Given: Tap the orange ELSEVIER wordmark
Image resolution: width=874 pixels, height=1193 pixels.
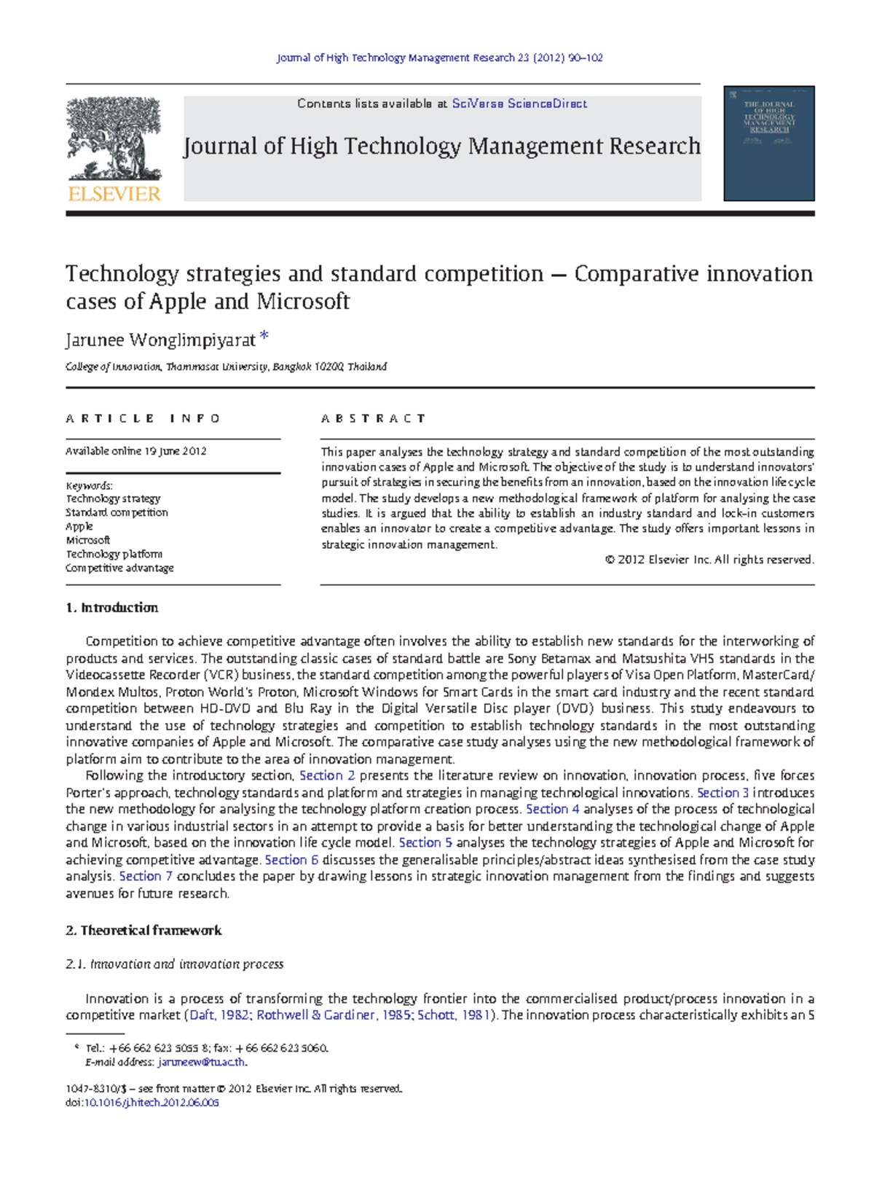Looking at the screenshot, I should [x=114, y=194].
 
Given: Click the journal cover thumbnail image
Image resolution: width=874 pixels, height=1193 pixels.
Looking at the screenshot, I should [x=768, y=144].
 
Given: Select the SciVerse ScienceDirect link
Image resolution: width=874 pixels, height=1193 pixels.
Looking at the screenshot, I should [x=519, y=103].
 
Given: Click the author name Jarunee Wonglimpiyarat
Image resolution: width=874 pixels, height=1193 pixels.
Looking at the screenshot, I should [x=160, y=340].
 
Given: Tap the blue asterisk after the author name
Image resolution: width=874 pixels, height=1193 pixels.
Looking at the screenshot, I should [x=264, y=337].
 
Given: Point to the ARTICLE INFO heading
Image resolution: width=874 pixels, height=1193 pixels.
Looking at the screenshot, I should [x=143, y=418].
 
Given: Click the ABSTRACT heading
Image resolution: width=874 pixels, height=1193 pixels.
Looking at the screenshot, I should [x=373, y=418].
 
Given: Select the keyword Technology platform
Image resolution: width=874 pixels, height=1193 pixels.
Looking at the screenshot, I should [x=114, y=554].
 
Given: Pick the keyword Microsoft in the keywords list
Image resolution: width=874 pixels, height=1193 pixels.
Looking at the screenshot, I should [x=88, y=540].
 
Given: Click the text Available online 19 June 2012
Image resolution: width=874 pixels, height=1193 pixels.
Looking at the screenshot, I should [x=136, y=451].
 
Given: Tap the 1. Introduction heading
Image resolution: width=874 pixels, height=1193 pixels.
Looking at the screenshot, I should [x=111, y=608].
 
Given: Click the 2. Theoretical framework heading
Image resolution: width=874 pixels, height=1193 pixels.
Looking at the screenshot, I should [x=143, y=931].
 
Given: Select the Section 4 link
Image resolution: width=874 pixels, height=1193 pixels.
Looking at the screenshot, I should [x=553, y=809].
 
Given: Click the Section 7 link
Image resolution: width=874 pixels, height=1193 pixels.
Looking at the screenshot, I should [x=146, y=876].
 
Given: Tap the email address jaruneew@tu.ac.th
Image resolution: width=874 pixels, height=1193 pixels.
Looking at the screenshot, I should [x=202, y=1063].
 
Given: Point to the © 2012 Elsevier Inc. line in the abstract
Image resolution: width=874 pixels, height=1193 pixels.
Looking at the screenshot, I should [x=709, y=560].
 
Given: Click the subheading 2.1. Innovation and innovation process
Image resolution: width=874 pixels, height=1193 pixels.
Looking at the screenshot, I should [x=174, y=964].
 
